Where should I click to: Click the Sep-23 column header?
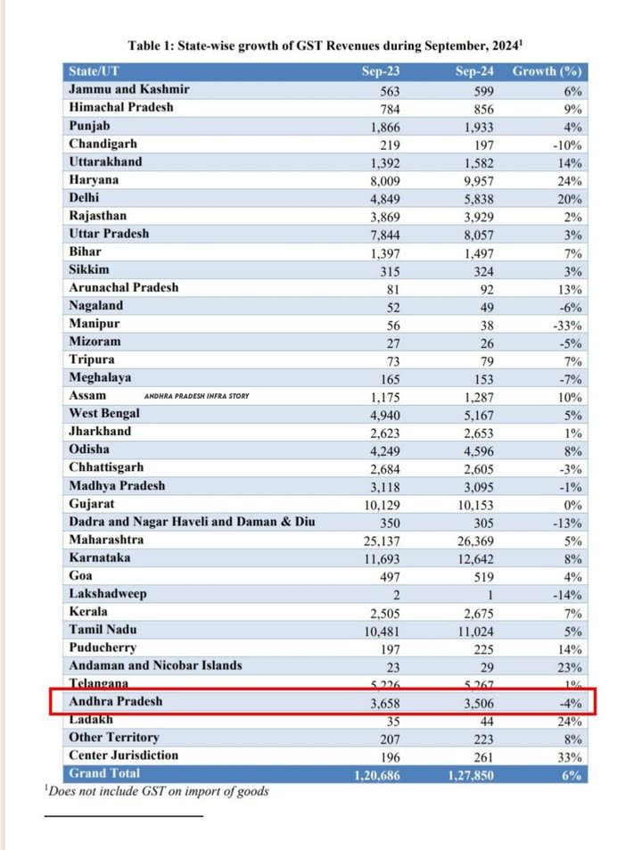[x=383, y=71]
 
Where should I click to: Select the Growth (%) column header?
[x=547, y=71]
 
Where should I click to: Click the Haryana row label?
[x=95, y=179]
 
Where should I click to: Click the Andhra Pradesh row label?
[x=116, y=702]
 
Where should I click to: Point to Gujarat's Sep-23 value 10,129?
[x=382, y=505]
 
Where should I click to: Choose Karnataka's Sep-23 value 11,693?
[x=382, y=558]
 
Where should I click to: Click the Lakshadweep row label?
[x=108, y=594]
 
